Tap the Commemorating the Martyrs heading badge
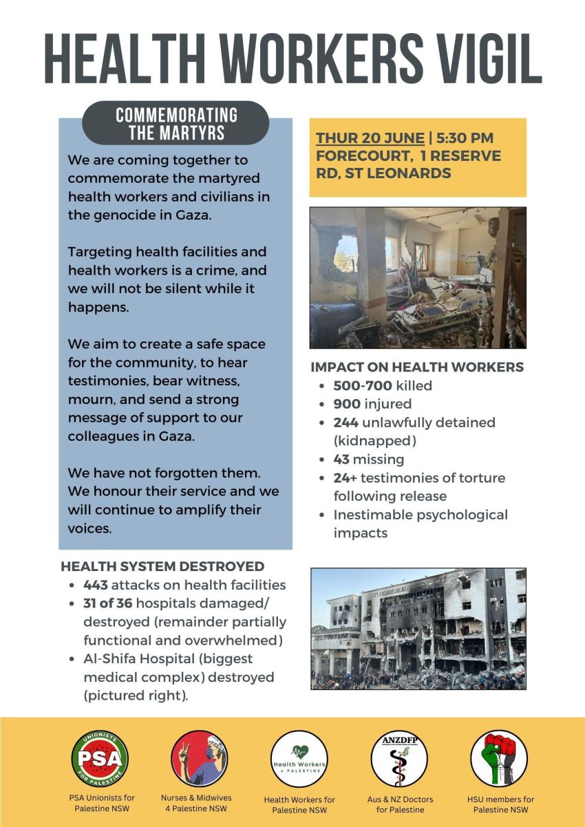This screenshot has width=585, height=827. pyautogui.click(x=176, y=122)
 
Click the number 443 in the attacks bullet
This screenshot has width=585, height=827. pyautogui.click(x=96, y=585)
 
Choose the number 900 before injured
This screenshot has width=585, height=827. pyautogui.click(x=347, y=404)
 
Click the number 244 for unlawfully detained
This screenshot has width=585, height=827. pyautogui.click(x=345, y=422)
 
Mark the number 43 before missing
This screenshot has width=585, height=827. pyautogui.click(x=341, y=459)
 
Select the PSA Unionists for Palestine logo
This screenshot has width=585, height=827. pyautogui.click(x=99, y=758)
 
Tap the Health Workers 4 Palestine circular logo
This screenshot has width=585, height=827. pyautogui.click(x=299, y=759)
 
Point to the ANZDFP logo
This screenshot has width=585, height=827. pyautogui.click(x=399, y=759)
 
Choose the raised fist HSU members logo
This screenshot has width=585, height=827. pyautogui.click(x=499, y=758)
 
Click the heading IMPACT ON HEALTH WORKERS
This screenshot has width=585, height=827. pyautogui.click(x=417, y=367)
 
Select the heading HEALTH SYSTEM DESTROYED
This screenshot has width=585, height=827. pyautogui.click(x=162, y=566)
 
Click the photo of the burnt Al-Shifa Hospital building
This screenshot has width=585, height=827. pyautogui.click(x=418, y=628)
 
